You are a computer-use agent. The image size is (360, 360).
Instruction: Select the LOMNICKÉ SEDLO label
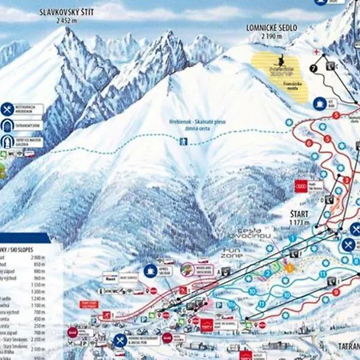tap(274, 27)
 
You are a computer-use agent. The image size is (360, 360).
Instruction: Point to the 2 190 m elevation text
tap(274, 37)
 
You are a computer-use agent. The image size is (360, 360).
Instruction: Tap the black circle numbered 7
tap(314, 69)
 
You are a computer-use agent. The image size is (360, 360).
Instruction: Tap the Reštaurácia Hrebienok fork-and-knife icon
tap(8, 109)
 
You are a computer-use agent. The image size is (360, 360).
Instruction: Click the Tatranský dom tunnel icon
tap(8, 126)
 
